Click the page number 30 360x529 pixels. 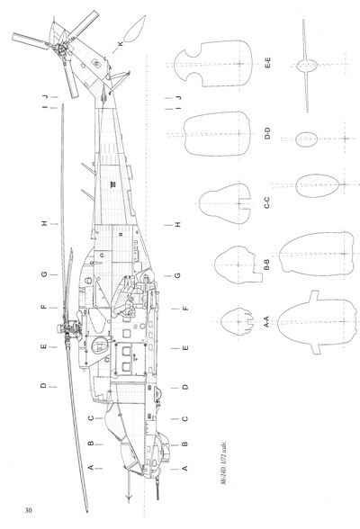tap(28, 510)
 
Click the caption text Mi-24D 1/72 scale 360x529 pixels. tap(224, 462)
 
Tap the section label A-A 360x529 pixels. tap(266, 321)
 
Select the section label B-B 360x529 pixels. tap(266, 264)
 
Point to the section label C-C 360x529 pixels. tap(266, 202)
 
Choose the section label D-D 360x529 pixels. tap(267, 133)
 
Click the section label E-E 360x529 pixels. tap(267, 63)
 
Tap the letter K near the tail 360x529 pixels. tap(121, 44)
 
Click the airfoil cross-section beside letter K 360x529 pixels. tap(134, 29)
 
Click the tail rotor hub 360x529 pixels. tap(61, 49)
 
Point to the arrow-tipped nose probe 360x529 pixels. tap(128, 486)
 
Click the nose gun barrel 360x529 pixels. tap(157, 490)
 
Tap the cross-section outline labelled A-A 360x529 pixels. tap(238, 322)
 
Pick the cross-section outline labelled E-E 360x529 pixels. tap(213, 63)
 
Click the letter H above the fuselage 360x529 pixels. tap(44, 223)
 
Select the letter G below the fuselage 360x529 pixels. tap(178, 275)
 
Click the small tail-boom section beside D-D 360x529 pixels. tap(307, 139)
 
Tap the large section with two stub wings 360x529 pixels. tap(317, 322)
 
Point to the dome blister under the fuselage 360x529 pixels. tap(158, 392)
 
